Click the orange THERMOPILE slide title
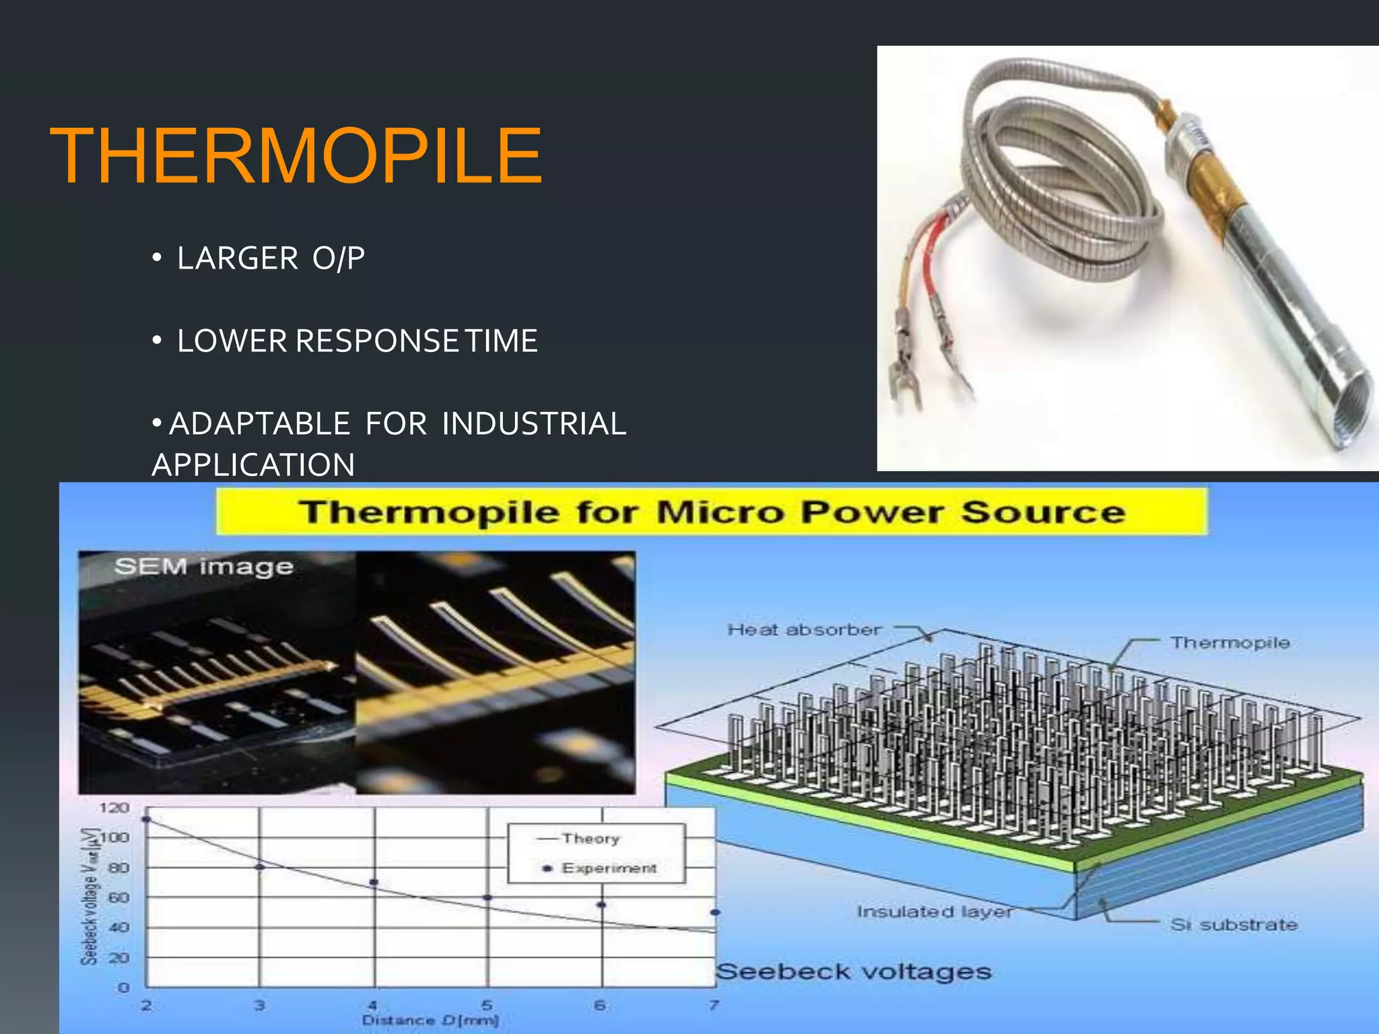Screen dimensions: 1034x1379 (296, 156)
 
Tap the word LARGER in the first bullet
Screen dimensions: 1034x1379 (237, 258)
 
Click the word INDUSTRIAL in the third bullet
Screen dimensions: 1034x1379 (533, 424)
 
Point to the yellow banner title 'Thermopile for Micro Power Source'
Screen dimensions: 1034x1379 (711, 512)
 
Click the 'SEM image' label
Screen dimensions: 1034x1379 (203, 567)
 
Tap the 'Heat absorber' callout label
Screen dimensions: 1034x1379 (804, 630)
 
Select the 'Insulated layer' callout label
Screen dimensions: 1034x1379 (934, 911)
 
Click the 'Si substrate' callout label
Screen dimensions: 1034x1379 (1234, 925)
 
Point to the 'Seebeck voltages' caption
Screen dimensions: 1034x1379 (853, 971)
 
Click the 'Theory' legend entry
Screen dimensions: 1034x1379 (591, 839)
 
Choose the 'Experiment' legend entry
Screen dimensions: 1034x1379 (609, 868)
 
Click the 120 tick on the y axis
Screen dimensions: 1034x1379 (114, 808)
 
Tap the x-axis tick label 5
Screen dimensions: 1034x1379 (487, 1005)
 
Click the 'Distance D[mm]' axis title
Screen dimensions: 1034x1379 (430, 1021)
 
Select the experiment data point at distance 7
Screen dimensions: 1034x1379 (715, 912)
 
